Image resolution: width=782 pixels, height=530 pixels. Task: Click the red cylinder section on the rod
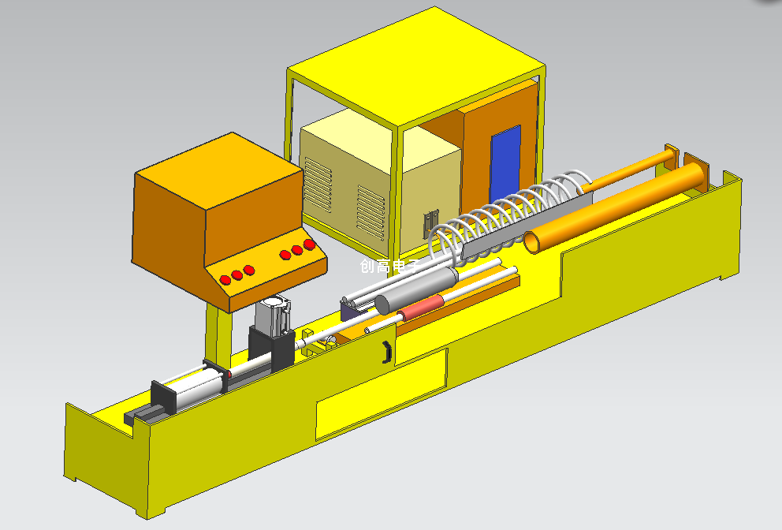tap(420, 308)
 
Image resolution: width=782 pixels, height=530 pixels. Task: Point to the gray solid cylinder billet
tap(416, 290)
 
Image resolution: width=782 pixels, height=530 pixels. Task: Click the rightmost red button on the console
tap(309, 244)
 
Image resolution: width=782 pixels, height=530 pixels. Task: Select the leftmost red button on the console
tap(225, 279)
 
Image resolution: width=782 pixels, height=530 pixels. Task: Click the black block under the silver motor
tap(271, 349)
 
